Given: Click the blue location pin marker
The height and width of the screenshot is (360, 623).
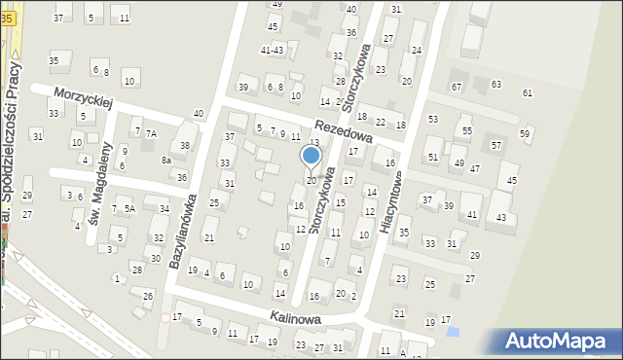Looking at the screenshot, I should coord(311,156).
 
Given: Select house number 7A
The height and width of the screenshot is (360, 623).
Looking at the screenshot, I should coord(151,133).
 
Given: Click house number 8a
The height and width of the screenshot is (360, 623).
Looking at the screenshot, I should coord(166,160).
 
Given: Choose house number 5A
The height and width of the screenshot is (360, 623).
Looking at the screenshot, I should coord(129,208).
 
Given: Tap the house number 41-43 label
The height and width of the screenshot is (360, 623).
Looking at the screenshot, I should coord(272,50).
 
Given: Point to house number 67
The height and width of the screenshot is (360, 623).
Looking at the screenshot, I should coord(456,88).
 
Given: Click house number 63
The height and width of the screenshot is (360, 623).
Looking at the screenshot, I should coord(495,85).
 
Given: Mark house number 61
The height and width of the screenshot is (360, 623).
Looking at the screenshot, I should coord(528,92).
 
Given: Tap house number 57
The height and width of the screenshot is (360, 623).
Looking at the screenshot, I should coord(495,145).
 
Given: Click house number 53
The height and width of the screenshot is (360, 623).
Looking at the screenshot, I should coord(432,119).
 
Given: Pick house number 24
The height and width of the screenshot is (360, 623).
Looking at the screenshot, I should coord(417,50).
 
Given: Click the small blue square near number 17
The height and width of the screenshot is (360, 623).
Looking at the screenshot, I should coord(451,332).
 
